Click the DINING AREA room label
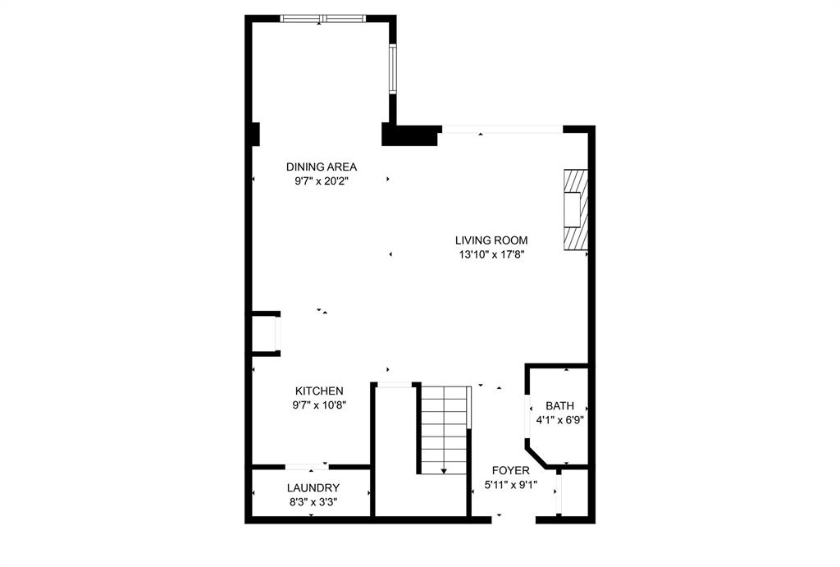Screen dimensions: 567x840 pyautogui.click(x=322, y=167)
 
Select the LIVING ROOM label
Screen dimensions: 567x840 pyautogui.click(x=491, y=240)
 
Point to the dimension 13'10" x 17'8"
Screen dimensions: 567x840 pyautogui.click(x=491, y=254)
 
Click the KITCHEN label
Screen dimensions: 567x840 pyautogui.click(x=320, y=391)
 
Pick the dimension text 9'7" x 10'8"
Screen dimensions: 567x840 pyautogui.click(x=320, y=405)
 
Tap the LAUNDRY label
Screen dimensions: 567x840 pyautogui.click(x=313, y=488)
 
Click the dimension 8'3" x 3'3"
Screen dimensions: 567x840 pyautogui.click(x=313, y=501)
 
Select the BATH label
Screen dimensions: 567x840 pyautogui.click(x=560, y=406)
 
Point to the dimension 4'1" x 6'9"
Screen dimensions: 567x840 pyautogui.click(x=560, y=419)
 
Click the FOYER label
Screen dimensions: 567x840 pyautogui.click(x=510, y=470)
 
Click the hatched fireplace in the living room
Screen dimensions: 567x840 pyautogui.click(x=576, y=208)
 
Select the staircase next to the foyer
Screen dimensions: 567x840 pyautogui.click(x=444, y=428)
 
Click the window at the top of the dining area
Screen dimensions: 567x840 pyautogui.click(x=322, y=18)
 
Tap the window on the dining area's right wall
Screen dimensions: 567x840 pyautogui.click(x=393, y=68)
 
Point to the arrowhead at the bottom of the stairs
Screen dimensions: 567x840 pyautogui.click(x=444, y=471)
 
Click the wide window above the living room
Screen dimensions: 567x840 pyautogui.click(x=502, y=129)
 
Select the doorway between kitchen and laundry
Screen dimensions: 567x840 pyautogui.click(x=308, y=467)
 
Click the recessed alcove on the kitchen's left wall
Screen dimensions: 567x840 pyautogui.click(x=266, y=333)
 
